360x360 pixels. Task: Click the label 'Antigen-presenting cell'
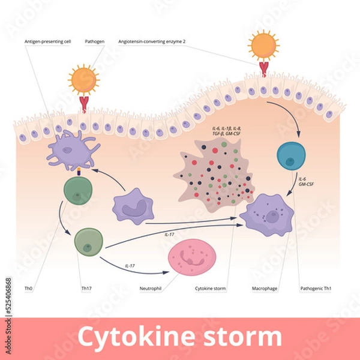click(x=46, y=41)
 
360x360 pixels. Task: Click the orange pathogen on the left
click(x=83, y=79)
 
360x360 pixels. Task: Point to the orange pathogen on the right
click(x=263, y=45)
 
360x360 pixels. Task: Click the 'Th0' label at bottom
click(x=29, y=289)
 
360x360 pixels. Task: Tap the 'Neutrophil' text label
click(x=150, y=289)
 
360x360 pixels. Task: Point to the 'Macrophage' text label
click(x=264, y=289)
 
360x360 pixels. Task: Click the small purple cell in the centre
click(x=133, y=205)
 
